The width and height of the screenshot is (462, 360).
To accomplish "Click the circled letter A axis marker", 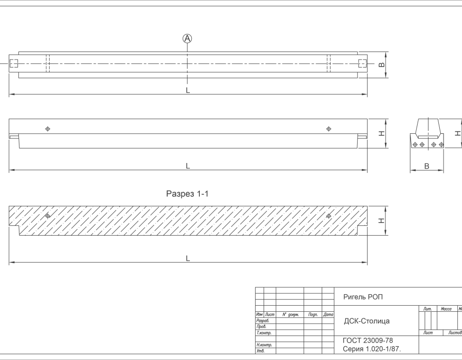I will point(188,38).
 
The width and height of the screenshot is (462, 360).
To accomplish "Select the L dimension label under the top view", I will point(188,90).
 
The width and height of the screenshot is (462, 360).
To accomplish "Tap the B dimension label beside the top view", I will point(381,64).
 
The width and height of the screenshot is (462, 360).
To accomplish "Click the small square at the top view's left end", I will point(14,63).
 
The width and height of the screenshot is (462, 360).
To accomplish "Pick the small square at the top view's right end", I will point(362,63).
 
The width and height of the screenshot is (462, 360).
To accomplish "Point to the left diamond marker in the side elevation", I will point(47,129).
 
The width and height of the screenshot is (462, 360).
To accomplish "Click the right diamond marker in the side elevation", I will point(329,129).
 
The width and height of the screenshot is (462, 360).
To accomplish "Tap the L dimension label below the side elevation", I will point(188,166).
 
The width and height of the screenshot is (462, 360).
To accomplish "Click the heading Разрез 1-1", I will point(188,194).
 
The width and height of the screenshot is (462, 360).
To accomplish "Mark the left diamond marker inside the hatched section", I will point(47,216).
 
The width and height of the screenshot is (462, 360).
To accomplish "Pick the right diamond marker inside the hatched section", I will point(329,216).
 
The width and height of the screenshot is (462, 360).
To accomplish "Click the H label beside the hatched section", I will point(381,221).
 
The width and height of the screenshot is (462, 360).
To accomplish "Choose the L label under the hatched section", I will point(188,258).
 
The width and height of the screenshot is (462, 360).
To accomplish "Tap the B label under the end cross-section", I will point(427,166).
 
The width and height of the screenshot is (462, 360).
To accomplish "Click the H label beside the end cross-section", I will point(457,133).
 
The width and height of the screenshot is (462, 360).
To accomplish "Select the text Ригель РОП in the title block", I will point(363,297).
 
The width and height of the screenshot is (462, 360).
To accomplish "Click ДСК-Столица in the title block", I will point(367,321).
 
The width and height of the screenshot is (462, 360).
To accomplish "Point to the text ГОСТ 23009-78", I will point(368,341).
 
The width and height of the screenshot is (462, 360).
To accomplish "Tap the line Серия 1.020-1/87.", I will point(372,349).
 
